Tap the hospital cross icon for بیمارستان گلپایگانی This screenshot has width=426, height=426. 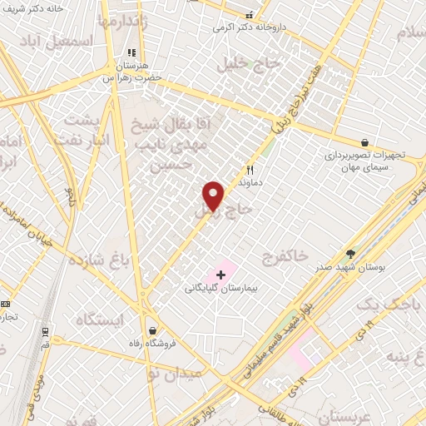220,275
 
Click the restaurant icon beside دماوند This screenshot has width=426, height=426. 249,168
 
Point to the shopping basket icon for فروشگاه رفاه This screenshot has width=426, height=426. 151,329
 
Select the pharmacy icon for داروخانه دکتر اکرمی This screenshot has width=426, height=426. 249,15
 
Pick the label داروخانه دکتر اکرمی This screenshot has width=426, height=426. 249,27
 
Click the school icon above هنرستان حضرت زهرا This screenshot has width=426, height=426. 131,52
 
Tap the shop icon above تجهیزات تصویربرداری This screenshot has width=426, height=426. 364,142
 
